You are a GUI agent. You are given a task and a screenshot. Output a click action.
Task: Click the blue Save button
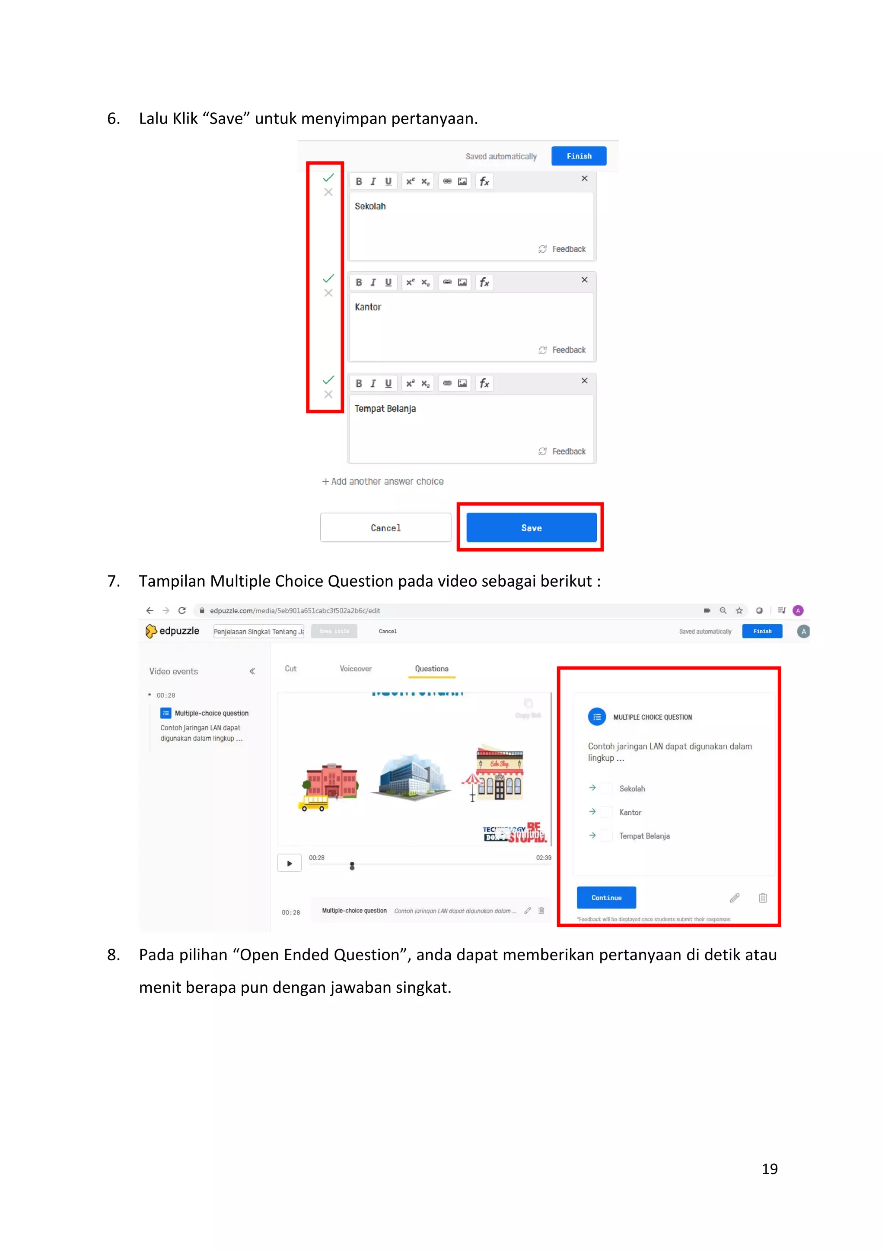click(x=532, y=527)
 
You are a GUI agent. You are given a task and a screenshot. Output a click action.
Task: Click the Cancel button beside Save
click(x=385, y=527)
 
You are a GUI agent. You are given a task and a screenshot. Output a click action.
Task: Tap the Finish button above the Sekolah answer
click(x=578, y=156)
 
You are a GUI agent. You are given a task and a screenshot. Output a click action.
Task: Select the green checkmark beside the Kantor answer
click(x=328, y=279)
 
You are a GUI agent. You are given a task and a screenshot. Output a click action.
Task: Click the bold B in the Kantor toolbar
click(x=359, y=282)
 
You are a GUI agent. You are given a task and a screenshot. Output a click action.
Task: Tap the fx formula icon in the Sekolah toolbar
click(x=484, y=181)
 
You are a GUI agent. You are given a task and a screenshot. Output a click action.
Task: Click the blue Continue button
click(x=606, y=897)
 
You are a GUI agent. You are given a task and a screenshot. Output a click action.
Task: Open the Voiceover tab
click(x=355, y=669)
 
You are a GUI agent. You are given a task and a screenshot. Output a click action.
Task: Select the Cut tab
click(x=290, y=669)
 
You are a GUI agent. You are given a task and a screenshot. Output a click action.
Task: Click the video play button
click(x=290, y=863)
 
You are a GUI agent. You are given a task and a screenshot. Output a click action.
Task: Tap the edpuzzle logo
click(x=172, y=631)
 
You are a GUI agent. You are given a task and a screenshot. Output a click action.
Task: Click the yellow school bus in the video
click(x=313, y=803)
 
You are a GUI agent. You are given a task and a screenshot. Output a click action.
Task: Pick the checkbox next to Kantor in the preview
click(x=606, y=812)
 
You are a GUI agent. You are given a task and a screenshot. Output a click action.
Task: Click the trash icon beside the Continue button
click(x=762, y=897)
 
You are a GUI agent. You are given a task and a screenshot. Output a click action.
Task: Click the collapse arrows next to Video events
click(x=252, y=671)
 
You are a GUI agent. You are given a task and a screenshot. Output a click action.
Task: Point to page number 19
click(x=770, y=1169)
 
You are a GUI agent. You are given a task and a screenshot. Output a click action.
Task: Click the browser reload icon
click(x=182, y=610)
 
